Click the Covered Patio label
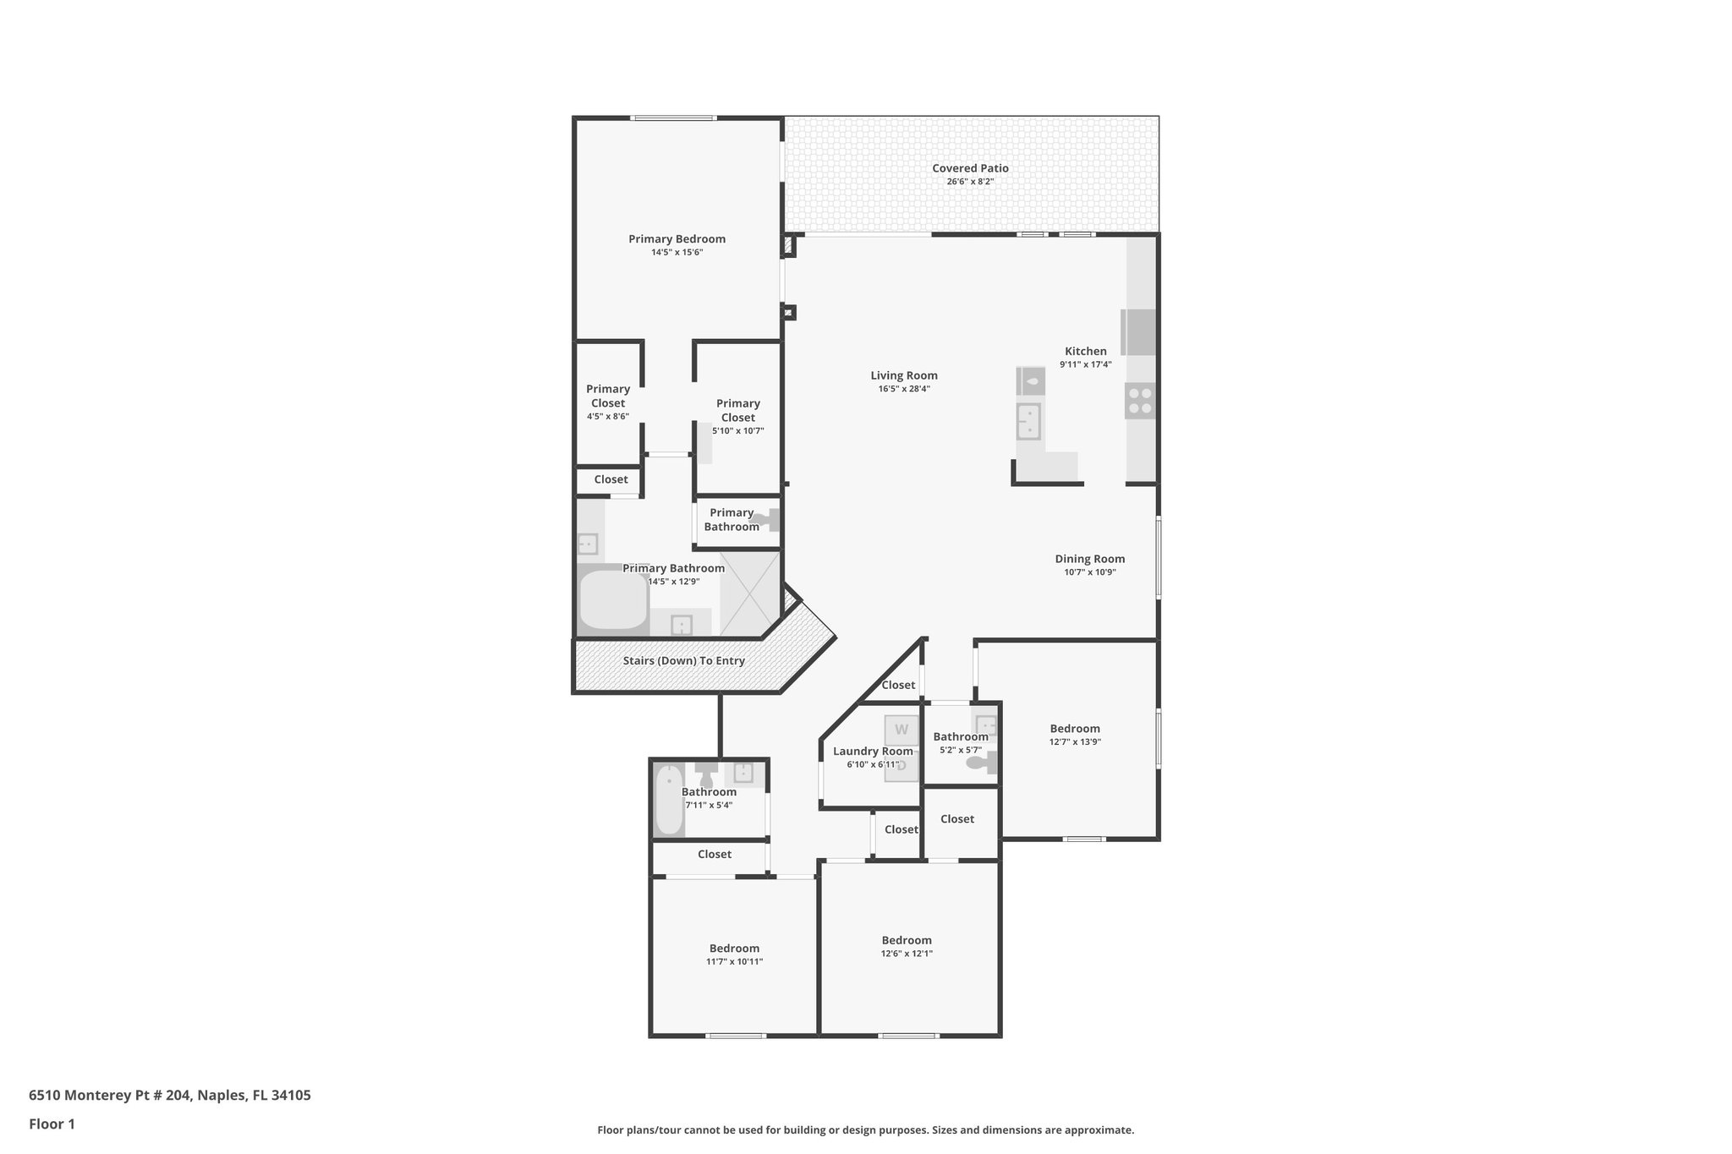pos(970,168)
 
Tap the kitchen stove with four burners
pos(1139,400)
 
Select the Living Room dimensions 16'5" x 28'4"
pos(903,389)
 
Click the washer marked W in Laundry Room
pos(902,730)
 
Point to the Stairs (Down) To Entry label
pos(683,660)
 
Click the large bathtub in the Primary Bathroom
pos(613,599)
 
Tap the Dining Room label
pos(1089,559)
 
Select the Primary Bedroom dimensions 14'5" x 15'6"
pos(677,252)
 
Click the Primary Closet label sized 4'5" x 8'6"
pos(607,396)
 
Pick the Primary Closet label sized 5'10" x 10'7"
pos(737,410)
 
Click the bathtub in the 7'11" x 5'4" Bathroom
pos(669,800)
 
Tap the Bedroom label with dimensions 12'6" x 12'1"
pos(906,940)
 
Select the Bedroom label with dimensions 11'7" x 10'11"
pos(734,949)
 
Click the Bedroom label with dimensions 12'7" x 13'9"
pos(1074,729)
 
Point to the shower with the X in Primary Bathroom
pos(749,593)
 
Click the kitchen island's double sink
pos(1028,421)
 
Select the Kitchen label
pos(1085,351)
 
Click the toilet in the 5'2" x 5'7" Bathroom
pos(981,763)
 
